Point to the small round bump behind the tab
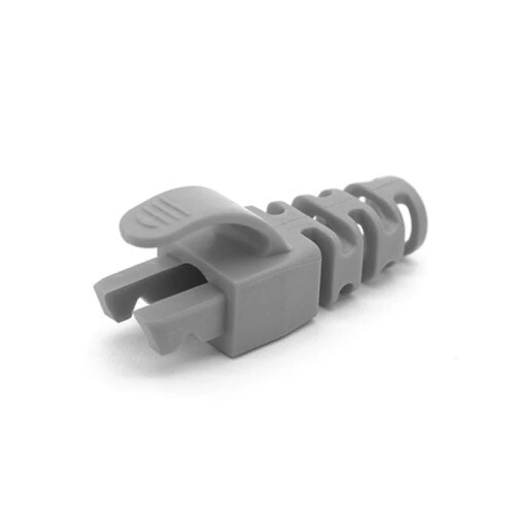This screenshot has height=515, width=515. click(277, 209)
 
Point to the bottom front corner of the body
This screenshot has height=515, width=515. click(229, 351)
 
